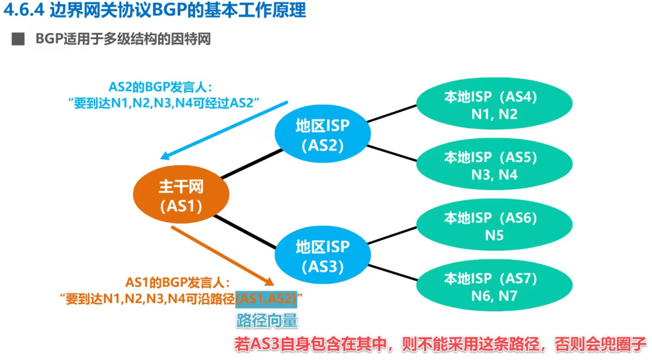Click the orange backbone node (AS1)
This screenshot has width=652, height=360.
pyautogui.click(x=181, y=195)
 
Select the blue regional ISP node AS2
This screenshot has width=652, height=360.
pyautogui.click(x=322, y=134)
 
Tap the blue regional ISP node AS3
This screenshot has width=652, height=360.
pyautogui.click(x=322, y=255)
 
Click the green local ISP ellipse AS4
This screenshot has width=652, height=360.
pyautogui.click(x=494, y=104)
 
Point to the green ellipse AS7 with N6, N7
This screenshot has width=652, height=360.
pyautogui.click(x=494, y=285)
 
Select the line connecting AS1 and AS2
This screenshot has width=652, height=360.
pyautogui.click(x=252, y=163)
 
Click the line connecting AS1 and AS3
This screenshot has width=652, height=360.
pyautogui.click(x=245, y=232)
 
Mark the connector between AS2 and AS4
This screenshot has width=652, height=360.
pyautogui.click(x=392, y=113)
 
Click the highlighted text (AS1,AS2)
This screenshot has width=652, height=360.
pyautogui.click(x=266, y=299)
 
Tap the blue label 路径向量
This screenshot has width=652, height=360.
pyautogui.click(x=267, y=321)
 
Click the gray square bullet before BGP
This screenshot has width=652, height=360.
pyautogui.click(x=18, y=39)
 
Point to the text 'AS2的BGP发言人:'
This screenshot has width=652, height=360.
pyautogui.click(x=160, y=87)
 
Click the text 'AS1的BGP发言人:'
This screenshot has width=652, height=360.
pyautogui.click(x=177, y=282)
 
